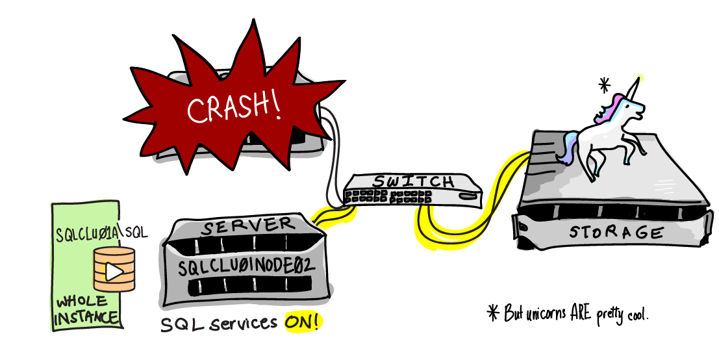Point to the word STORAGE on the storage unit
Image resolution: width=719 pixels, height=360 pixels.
(616, 233)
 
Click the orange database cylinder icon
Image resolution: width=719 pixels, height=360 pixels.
(114, 268)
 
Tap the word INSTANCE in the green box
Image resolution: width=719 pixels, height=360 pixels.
(87, 318)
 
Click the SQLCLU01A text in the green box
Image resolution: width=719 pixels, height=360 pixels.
(88, 233)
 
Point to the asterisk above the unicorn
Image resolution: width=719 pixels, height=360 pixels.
(605, 84)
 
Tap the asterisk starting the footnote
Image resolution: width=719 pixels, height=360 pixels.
(493, 313)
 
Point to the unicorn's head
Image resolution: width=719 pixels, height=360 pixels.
(627, 106)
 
